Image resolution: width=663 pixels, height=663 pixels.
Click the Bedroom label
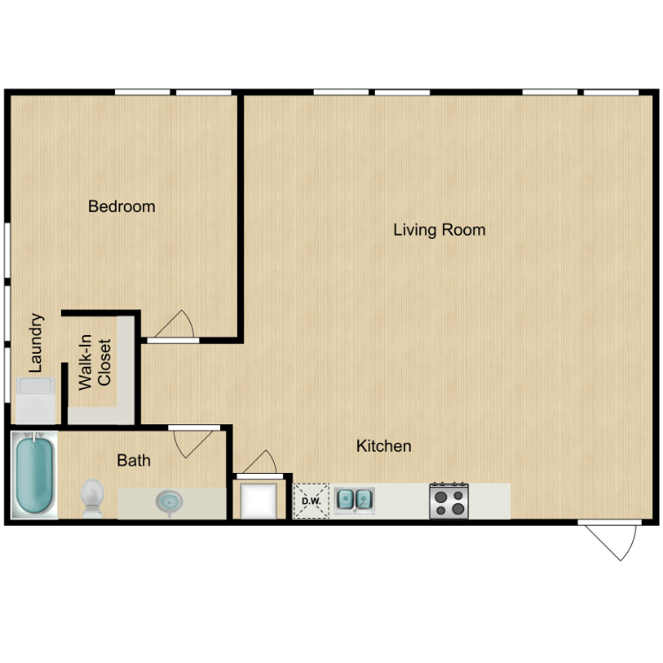[x=121, y=207]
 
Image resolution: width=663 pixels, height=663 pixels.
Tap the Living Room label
[x=439, y=230]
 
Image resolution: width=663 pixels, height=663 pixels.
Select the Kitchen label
[x=384, y=446]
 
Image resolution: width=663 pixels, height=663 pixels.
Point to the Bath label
[x=133, y=461]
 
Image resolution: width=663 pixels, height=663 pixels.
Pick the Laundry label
[x=36, y=343]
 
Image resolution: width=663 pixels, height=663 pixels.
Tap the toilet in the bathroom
[x=92, y=497]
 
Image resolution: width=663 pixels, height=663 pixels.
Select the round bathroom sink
[x=169, y=501]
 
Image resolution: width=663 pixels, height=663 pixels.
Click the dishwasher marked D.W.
[x=310, y=501]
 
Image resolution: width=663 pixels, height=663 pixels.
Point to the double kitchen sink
[x=354, y=500]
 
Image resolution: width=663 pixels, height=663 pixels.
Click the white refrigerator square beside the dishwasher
[x=262, y=500]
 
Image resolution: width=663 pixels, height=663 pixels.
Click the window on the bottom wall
[x=607, y=522]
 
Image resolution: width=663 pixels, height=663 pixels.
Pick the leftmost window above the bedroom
[x=141, y=92]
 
